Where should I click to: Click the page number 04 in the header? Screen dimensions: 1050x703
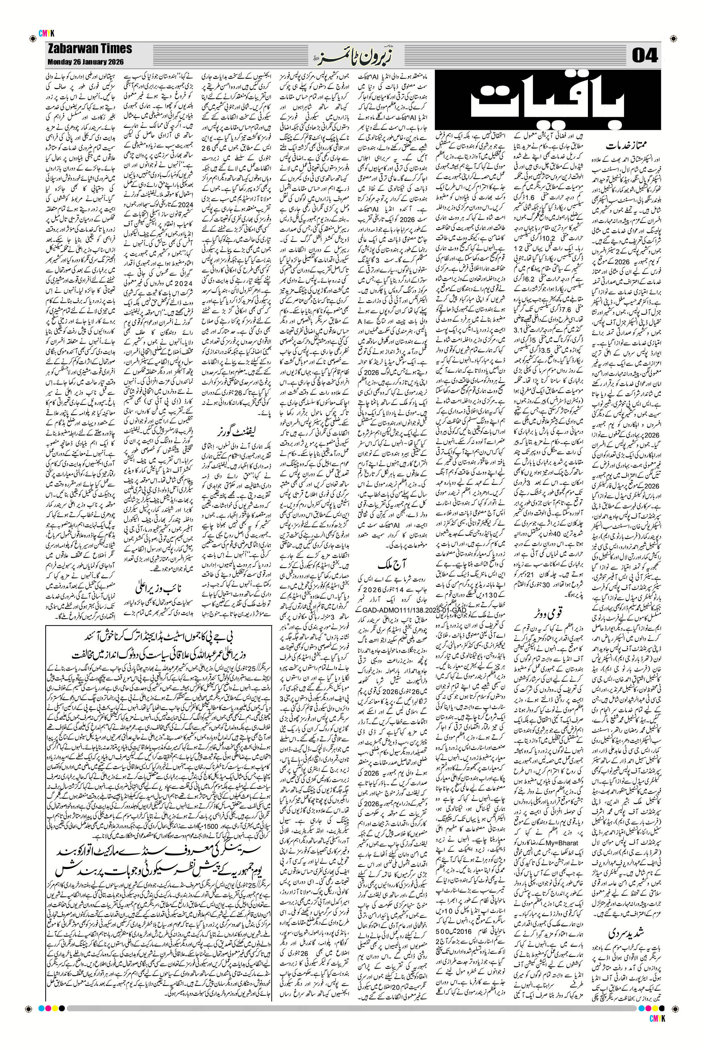tap(644, 56)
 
